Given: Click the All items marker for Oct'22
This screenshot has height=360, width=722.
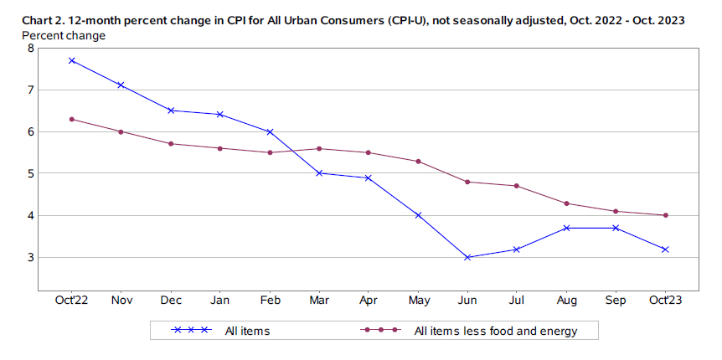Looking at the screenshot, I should pyautogui.click(x=72, y=60).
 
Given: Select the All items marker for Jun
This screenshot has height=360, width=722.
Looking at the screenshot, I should pyautogui.click(x=467, y=257).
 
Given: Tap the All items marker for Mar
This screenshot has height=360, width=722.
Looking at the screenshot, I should pyautogui.click(x=319, y=173).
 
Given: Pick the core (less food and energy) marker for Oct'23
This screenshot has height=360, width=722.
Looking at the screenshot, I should pyautogui.click(x=665, y=215).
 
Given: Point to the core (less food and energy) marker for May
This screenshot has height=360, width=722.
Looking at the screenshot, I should pyautogui.click(x=418, y=161).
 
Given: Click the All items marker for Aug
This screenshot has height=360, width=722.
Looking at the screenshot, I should pyautogui.click(x=566, y=228).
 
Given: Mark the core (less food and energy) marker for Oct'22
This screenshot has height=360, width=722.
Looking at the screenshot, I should pyautogui.click(x=72, y=119).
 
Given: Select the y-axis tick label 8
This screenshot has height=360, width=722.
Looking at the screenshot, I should pyautogui.click(x=31, y=48).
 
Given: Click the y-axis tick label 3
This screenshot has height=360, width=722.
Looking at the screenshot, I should pyautogui.click(x=31, y=257).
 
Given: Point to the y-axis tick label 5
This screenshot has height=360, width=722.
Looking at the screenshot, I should pyautogui.click(x=31, y=173).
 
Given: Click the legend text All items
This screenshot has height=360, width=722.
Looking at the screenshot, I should pyautogui.click(x=247, y=331).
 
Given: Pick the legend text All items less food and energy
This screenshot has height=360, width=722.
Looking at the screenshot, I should pyautogui.click(x=496, y=331).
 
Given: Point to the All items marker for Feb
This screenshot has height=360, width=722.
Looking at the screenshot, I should pyautogui.click(x=270, y=131).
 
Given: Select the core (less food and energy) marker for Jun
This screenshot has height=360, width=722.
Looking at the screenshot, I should pyautogui.click(x=467, y=182).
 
